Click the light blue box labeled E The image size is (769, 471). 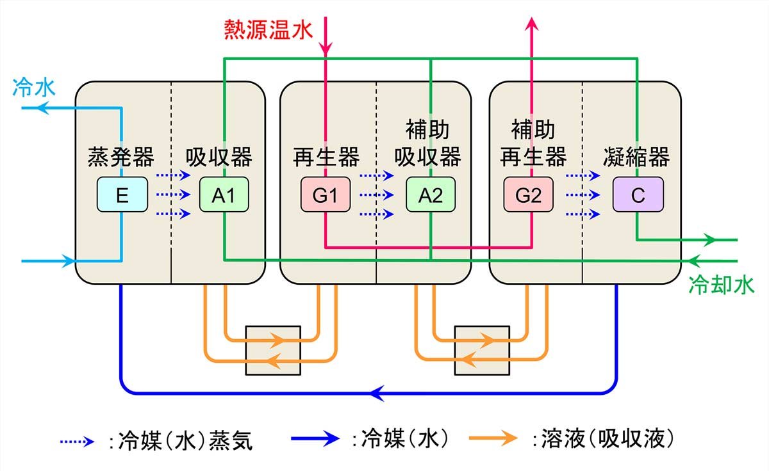[122, 195]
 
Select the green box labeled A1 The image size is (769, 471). [224, 195]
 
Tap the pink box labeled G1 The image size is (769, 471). [325, 195]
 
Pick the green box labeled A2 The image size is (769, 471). [431, 195]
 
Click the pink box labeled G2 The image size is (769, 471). [529, 195]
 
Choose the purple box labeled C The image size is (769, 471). [637, 195]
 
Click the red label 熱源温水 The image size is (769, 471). [268, 29]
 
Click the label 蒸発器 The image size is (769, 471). [120, 157]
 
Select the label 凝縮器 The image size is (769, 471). [636, 157]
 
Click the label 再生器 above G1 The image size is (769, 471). [326, 157]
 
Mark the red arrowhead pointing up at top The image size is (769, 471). [531, 24]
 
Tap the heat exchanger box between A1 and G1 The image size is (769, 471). [273, 350]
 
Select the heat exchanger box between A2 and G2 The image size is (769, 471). [481, 350]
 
